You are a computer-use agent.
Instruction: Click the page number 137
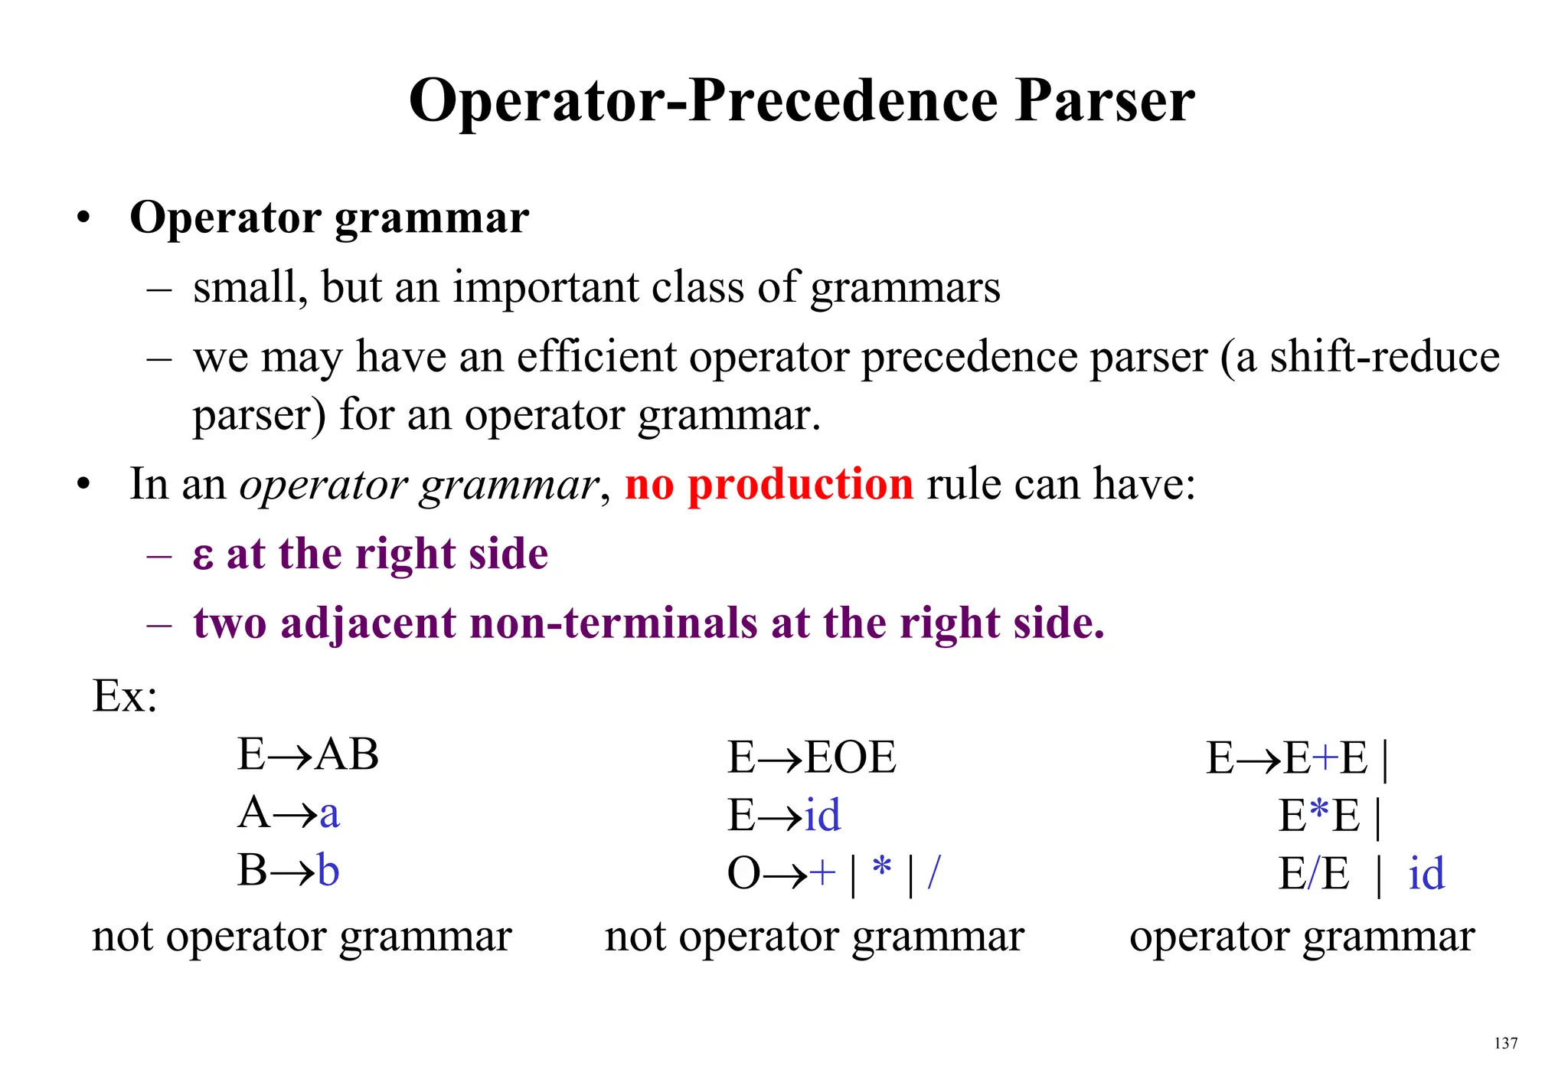1505,1043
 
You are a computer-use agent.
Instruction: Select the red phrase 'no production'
769,484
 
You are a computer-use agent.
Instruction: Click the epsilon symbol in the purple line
203,555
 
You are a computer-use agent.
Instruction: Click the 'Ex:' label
125,696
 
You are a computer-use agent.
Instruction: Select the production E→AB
308,754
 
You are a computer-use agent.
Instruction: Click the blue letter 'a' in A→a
329,814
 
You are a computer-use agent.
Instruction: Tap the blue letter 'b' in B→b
328,871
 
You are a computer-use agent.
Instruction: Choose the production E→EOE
812,757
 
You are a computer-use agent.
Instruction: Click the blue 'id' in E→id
823,815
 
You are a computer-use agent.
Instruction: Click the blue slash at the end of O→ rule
933,872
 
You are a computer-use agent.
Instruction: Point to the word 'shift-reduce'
1384,357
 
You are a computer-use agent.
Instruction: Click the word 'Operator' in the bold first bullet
225,218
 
